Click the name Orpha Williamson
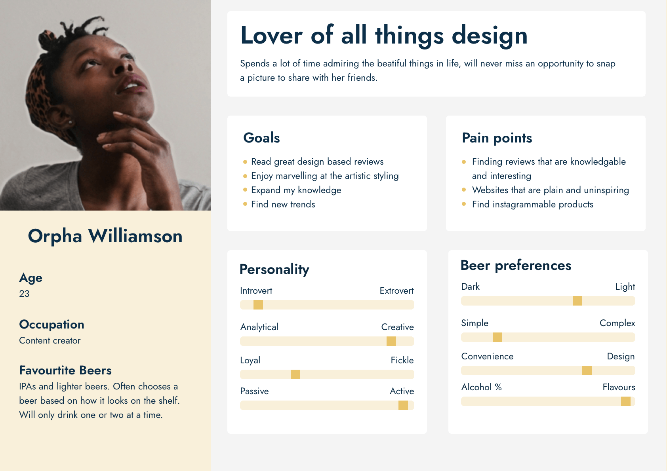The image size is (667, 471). tap(105, 236)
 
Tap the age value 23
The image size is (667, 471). tap(24, 294)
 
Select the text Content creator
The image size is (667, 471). tap(50, 340)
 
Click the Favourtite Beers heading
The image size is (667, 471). tap(65, 370)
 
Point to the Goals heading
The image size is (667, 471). tap(261, 138)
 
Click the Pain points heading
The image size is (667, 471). tap(497, 138)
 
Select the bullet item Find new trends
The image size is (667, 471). tap(283, 204)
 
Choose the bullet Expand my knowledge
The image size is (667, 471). tap(296, 190)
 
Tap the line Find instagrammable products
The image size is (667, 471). tap(532, 204)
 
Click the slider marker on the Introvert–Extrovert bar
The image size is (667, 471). tap(258, 305)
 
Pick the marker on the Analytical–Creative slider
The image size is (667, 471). tap(391, 341)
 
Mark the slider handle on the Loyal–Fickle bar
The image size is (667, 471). tap(295, 374)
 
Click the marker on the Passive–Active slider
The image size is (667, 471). tap(403, 405)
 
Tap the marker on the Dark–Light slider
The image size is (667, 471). tap(577, 301)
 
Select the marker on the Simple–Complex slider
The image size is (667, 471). tap(497, 337)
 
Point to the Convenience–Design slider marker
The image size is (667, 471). tap(587, 370)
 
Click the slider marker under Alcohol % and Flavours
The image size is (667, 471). tap(626, 401)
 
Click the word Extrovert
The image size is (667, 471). tap(396, 291)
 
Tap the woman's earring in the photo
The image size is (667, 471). tap(71, 122)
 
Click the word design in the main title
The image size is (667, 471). tap(490, 36)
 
